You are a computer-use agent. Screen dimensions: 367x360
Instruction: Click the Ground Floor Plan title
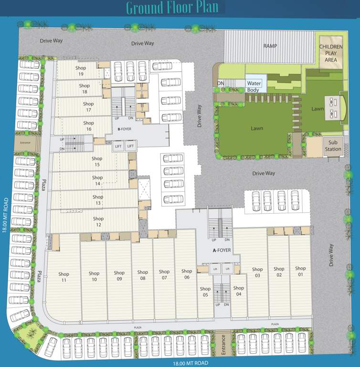172,8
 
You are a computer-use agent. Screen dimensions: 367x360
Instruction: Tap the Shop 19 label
80,71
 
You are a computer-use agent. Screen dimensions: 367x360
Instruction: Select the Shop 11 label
64,277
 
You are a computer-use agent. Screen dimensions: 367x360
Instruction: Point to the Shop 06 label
186,274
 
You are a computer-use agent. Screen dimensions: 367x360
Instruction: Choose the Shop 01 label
300,271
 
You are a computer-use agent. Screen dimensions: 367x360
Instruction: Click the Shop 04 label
239,291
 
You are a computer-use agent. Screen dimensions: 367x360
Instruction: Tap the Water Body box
254,86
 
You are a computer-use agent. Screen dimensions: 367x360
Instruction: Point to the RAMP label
270,46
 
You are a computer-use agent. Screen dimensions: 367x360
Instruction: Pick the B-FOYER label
124,129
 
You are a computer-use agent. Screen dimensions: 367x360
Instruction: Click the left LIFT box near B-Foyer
118,146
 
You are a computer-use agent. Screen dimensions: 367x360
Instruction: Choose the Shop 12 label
98,222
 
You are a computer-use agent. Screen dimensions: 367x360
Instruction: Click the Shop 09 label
119,276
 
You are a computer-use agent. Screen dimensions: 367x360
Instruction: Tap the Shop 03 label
257,272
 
